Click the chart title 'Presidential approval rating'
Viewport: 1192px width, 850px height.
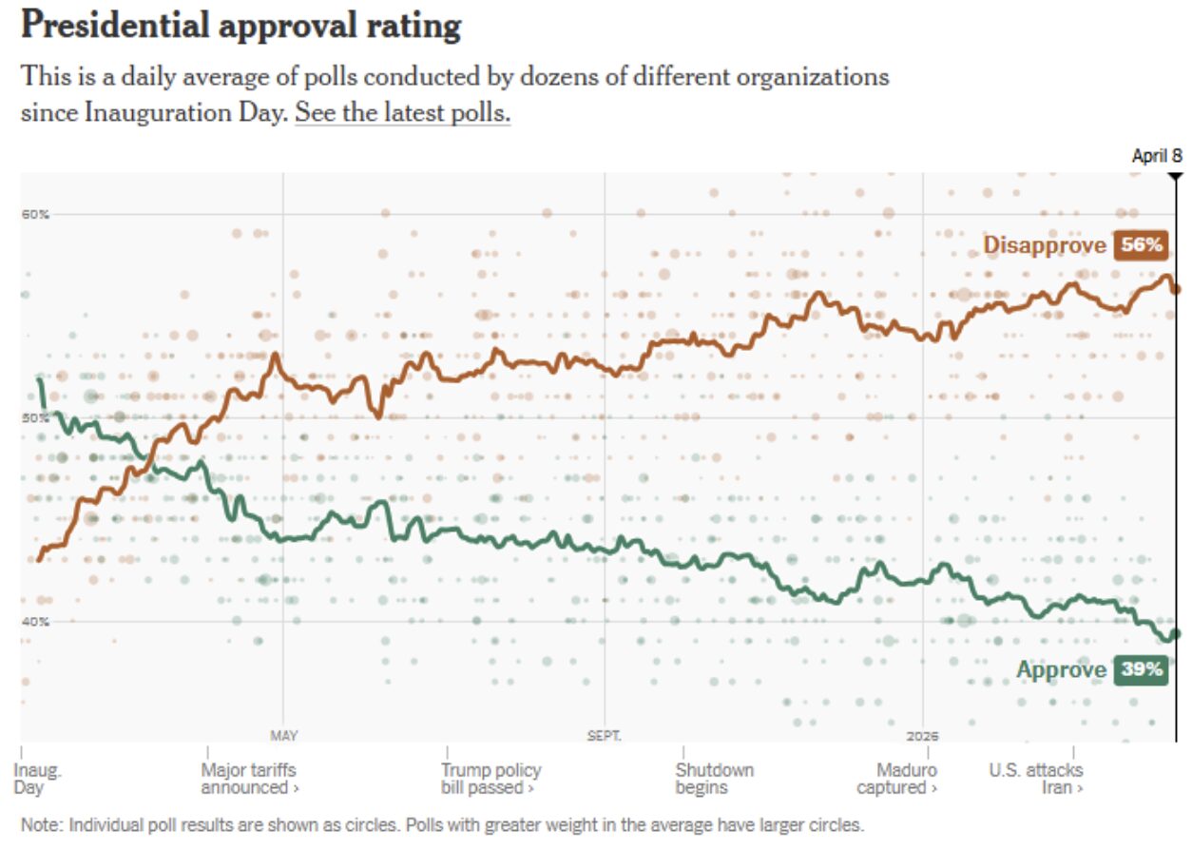[240, 27]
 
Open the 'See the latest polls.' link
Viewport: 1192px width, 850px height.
[402, 112]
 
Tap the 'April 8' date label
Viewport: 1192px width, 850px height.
[1156, 156]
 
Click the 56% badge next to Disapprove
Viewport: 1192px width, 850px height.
[1142, 245]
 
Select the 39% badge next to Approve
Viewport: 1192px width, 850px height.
[1142, 669]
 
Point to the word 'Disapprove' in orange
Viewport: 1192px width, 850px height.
[1044, 245]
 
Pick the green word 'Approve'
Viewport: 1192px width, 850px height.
[1061, 669]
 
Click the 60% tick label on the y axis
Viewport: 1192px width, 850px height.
[35, 214]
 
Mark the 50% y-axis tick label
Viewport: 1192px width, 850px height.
[35, 418]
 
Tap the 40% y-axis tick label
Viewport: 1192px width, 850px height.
[35, 622]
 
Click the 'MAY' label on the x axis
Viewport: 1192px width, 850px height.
[283, 735]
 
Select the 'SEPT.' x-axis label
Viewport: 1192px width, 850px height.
[605, 735]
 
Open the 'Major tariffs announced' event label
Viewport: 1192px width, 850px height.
[249, 779]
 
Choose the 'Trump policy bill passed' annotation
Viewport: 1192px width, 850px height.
[490, 779]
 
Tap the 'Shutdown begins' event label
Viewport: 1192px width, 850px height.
[714, 779]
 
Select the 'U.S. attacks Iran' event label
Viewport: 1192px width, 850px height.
[1035, 779]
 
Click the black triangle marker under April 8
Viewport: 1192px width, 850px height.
[1176, 176]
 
